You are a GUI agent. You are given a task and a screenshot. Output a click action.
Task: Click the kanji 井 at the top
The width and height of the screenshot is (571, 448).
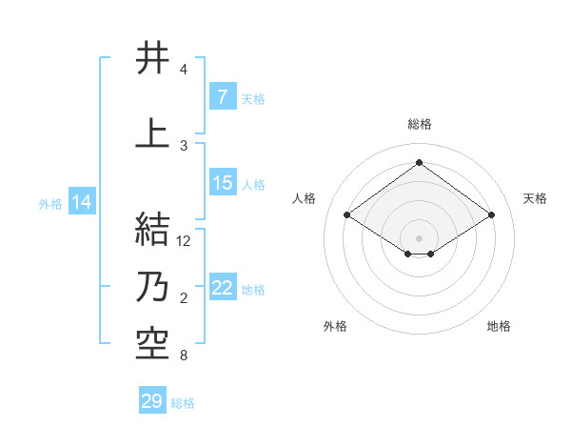(152, 59)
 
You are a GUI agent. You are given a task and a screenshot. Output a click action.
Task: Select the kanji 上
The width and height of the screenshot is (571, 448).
(152, 134)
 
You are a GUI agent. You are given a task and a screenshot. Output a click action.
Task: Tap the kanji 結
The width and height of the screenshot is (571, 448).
(152, 231)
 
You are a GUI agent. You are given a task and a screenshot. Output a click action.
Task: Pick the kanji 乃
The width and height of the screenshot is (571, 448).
(152, 289)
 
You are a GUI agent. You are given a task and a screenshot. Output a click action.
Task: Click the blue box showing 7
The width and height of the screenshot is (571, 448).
(222, 97)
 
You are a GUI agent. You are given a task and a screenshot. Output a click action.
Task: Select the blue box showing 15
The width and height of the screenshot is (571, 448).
(222, 183)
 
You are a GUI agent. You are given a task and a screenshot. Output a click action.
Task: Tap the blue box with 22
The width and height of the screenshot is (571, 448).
(222, 289)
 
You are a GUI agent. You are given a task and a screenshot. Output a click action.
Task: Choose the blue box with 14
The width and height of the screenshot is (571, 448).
(82, 202)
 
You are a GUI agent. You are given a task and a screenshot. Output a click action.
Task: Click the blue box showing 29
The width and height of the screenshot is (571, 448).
(152, 401)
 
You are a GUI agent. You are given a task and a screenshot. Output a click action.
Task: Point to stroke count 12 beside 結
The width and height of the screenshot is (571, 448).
(184, 241)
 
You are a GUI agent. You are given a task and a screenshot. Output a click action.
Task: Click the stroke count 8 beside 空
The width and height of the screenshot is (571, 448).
(183, 356)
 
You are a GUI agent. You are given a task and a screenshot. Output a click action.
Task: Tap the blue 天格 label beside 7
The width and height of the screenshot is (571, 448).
(252, 98)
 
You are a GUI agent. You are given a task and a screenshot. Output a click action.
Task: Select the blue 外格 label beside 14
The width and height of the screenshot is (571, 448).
(50, 203)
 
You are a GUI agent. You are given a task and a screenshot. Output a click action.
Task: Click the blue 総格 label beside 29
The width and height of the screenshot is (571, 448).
(183, 403)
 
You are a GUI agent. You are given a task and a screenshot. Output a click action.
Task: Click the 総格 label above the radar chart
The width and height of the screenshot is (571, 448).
(419, 124)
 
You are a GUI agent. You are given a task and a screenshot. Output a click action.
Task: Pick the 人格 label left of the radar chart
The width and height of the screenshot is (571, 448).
(305, 198)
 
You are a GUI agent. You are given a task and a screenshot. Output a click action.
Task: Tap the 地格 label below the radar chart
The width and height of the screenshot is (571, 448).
(499, 326)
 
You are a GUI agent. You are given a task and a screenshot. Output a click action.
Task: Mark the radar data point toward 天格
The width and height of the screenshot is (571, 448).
(491, 215)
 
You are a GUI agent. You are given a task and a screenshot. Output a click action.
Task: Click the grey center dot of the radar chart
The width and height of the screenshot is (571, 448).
(419, 236)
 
